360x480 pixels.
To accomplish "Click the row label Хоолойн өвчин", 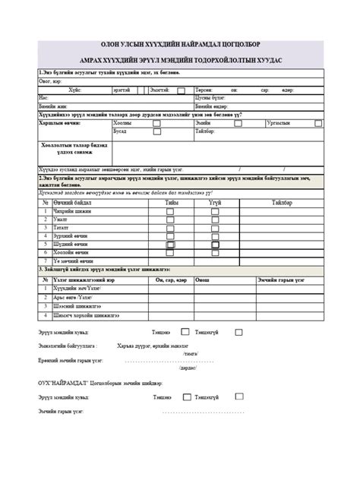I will tap(75, 253).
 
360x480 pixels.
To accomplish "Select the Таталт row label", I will tap(62, 228).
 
